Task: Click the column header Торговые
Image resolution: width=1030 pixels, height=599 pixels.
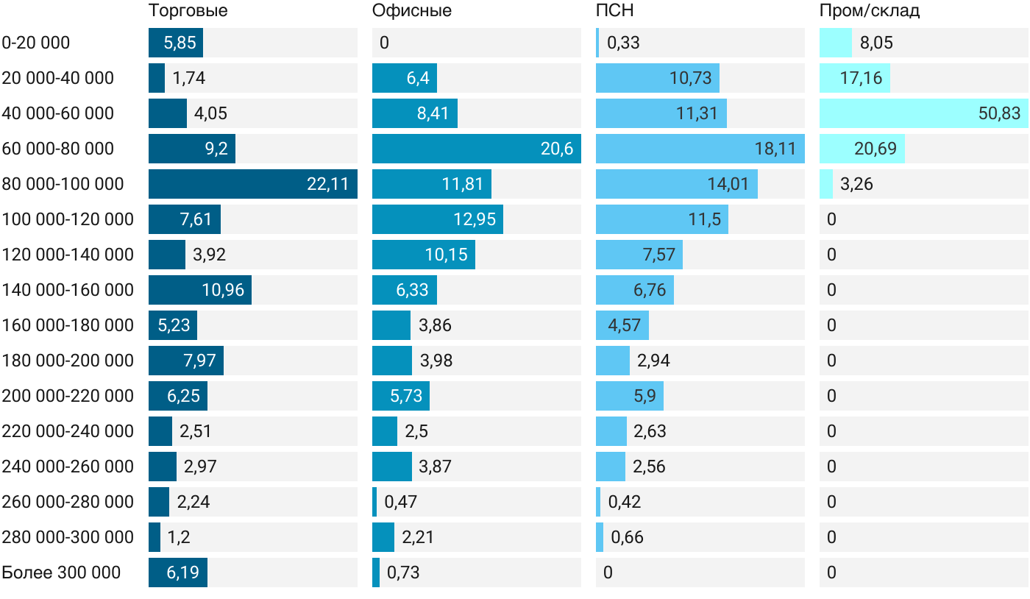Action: pyautogui.click(x=188, y=10)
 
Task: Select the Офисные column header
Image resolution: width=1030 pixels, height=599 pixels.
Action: pyautogui.click(x=411, y=10)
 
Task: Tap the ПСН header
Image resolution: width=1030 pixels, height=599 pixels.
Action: pyautogui.click(x=615, y=10)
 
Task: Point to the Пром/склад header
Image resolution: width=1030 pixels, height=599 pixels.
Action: pyautogui.click(x=870, y=10)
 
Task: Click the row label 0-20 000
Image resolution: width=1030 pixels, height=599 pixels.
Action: pyautogui.click(x=36, y=43)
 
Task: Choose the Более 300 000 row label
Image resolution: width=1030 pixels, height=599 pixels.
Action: pyautogui.click(x=61, y=573)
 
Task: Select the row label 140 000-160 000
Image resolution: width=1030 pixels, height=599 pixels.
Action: pyautogui.click(x=68, y=290)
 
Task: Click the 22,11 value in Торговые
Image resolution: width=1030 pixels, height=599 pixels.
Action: pyautogui.click(x=327, y=184)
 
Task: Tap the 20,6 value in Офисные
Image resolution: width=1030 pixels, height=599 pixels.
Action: pyautogui.click(x=557, y=149)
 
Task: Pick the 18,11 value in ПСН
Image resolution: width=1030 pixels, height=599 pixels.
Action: pyautogui.click(x=775, y=149)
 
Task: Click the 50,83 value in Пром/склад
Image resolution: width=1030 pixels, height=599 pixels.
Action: pyautogui.click(x=999, y=113)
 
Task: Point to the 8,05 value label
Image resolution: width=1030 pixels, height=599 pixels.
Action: pyautogui.click(x=876, y=43)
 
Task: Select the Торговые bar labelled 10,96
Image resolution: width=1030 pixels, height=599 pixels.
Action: pyautogui.click(x=200, y=290)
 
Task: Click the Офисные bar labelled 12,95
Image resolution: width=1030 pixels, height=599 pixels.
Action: pyautogui.click(x=438, y=219)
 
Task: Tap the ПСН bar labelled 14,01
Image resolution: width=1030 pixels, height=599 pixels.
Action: pyautogui.click(x=677, y=184)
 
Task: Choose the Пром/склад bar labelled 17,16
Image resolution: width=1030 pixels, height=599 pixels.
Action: pyautogui.click(x=855, y=78)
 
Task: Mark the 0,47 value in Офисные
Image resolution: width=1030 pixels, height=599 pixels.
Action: pyautogui.click(x=400, y=502)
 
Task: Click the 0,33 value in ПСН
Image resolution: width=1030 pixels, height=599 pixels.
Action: pyautogui.click(x=624, y=43)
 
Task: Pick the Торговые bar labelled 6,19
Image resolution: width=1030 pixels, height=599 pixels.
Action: pyautogui.click(x=178, y=573)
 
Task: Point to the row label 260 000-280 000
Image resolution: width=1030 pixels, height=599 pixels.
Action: pyautogui.click(x=68, y=502)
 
